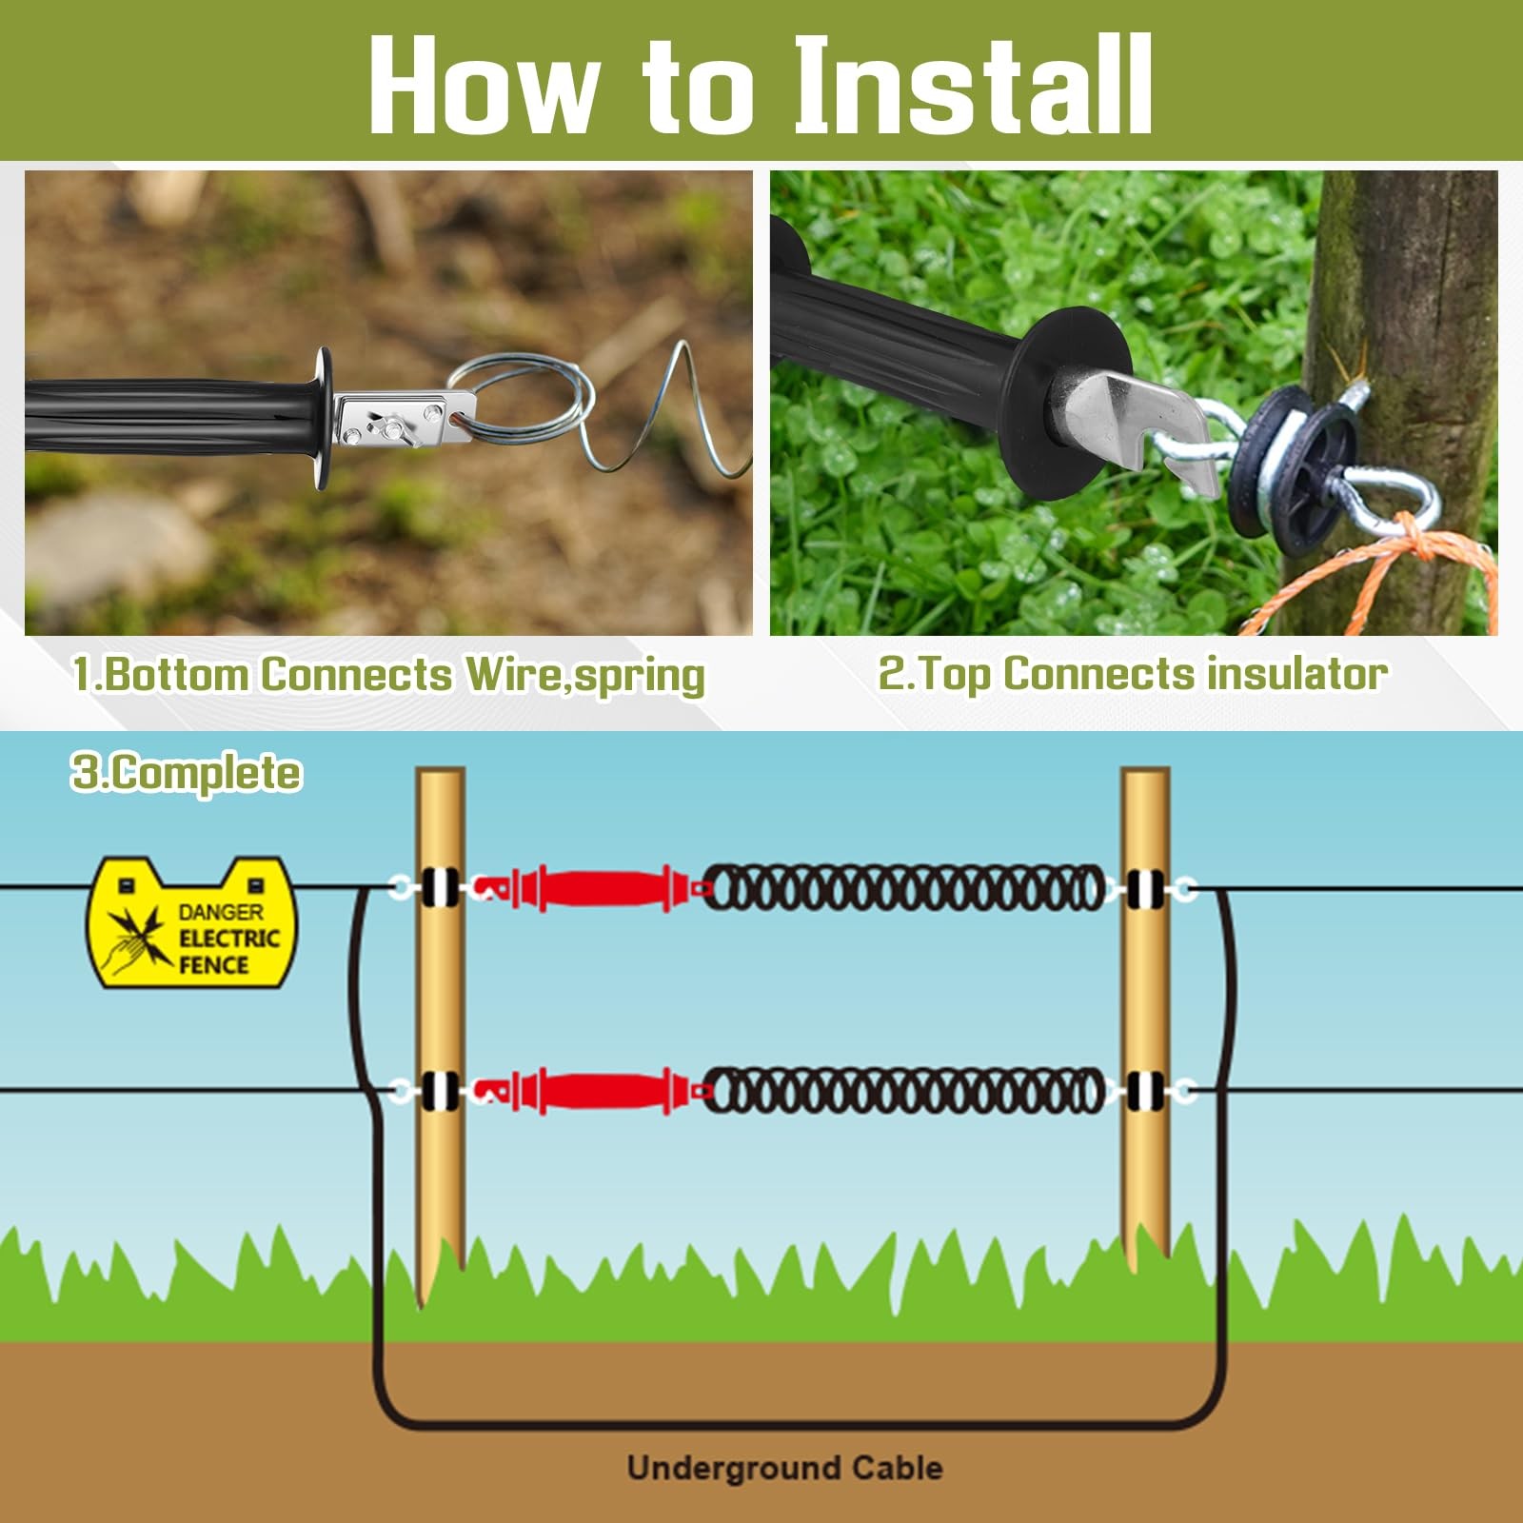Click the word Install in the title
[x=974, y=85]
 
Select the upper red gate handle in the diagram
[x=588, y=889]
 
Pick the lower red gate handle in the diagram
[x=588, y=1091]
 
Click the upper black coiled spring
[x=904, y=889]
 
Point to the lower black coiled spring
[x=904, y=1091]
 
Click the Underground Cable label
[x=785, y=1467]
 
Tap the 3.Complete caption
[x=187, y=772]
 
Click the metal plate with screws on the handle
[x=404, y=422]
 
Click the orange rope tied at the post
[x=1380, y=571]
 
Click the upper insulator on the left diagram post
[x=440, y=889]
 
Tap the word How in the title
[x=478, y=85]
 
